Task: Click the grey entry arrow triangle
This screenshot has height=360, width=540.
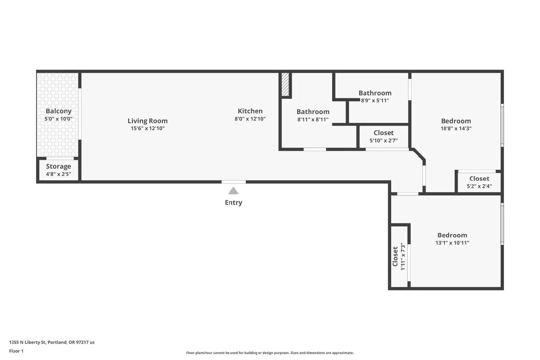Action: coord(233,191)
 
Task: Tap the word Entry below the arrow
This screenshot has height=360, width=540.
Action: coord(233,202)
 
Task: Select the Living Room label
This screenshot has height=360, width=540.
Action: coord(147,121)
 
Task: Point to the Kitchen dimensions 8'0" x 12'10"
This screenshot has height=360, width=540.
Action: coord(250,118)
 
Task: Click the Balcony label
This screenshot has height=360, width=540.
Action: coord(58,111)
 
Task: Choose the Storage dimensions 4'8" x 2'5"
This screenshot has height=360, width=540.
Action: coord(58,174)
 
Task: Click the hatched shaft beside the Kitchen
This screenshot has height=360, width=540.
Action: coord(285,84)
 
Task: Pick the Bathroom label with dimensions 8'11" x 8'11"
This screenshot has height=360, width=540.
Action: coord(313,112)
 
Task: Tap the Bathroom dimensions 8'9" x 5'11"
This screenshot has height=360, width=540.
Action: coord(375,101)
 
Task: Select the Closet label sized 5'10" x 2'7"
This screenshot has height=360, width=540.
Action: coord(383,133)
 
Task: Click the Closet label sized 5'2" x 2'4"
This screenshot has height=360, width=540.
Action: coord(479,178)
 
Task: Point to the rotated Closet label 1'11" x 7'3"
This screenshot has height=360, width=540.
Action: coord(395,256)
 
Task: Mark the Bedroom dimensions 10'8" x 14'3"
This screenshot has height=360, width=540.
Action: coord(456,129)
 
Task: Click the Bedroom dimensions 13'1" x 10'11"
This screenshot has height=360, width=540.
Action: coord(452,243)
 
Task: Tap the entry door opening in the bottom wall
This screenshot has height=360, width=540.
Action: coord(234,182)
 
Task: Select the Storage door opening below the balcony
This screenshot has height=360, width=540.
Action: coord(60,158)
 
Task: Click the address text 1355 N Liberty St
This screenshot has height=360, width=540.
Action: coord(27,342)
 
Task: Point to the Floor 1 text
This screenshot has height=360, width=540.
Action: coord(16,351)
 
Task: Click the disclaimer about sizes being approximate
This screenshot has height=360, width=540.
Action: coord(270,353)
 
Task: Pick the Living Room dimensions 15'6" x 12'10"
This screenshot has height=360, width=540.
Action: coord(147,128)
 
